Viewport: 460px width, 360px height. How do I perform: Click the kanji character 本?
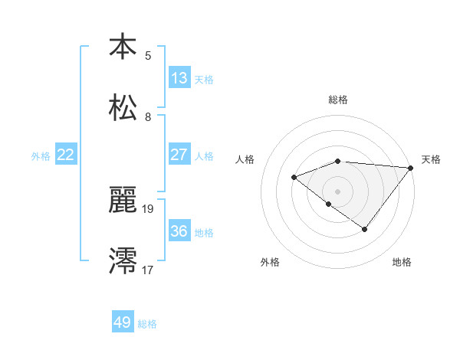(123, 47)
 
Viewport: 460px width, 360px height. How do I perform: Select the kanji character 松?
(123, 108)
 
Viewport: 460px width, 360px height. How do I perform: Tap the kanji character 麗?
(123, 201)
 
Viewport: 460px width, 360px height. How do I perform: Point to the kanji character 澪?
(123, 261)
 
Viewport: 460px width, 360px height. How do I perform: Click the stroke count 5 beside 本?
(148, 55)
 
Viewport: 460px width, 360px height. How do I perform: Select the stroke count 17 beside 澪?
(148, 269)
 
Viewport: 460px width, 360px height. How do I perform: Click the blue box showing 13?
(179, 77)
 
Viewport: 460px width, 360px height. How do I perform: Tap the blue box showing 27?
(179, 155)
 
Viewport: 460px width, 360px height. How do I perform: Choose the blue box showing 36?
(179, 231)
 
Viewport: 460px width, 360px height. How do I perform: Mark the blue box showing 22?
(66, 155)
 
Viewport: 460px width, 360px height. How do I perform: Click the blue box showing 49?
(123, 322)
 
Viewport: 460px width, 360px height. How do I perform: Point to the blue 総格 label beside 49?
(148, 324)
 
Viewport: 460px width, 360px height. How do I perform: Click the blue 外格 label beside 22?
(41, 156)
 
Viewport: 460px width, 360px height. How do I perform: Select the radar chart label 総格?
(338, 100)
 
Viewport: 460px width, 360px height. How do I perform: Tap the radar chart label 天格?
(431, 159)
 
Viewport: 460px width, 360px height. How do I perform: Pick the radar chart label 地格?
(402, 263)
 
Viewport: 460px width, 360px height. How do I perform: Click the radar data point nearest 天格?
(411, 167)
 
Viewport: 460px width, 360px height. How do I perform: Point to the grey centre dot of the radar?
(338, 191)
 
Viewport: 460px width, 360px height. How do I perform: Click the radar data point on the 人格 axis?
(294, 177)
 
